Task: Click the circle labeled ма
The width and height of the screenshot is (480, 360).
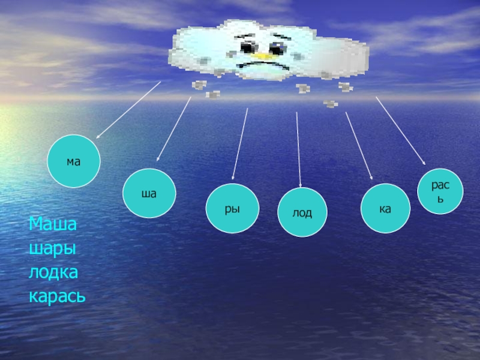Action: click(74, 161)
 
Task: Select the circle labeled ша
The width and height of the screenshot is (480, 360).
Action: click(149, 194)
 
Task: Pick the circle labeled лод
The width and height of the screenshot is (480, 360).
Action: click(302, 212)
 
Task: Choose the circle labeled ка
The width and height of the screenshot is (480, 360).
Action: click(385, 209)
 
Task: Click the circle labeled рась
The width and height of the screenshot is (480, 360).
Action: click(440, 191)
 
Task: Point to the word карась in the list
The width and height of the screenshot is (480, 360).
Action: click(57, 296)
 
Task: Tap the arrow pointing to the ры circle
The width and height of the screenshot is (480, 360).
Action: click(240, 144)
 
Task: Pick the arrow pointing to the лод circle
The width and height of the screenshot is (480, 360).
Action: click(298, 150)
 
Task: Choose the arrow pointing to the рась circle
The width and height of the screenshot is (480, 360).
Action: click(401, 131)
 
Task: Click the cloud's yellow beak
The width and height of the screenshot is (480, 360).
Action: click(262, 56)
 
